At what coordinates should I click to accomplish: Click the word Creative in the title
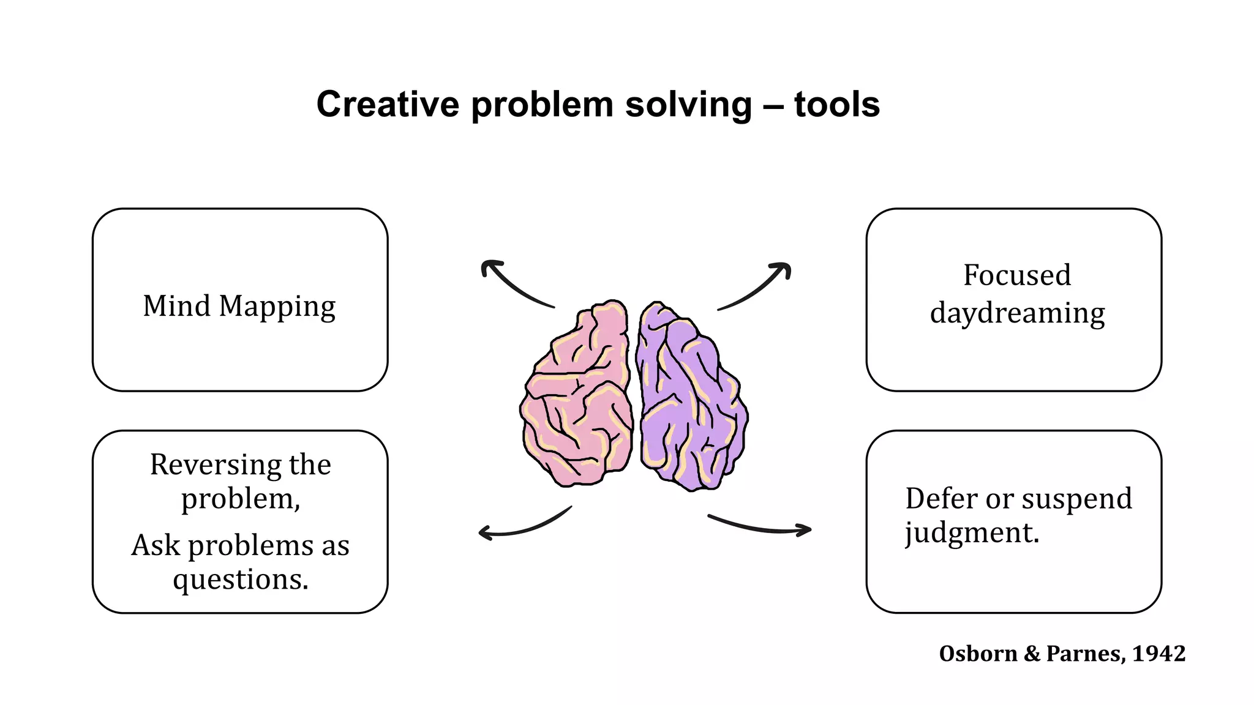click(x=387, y=105)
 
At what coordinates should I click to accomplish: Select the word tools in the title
click(x=836, y=105)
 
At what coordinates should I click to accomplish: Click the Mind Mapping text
click(x=239, y=306)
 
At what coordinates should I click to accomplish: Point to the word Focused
click(x=1017, y=275)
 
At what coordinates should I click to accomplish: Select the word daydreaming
click(x=1017, y=313)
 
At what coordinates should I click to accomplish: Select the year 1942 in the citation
click(x=1158, y=654)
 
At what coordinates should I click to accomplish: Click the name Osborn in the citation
click(x=978, y=654)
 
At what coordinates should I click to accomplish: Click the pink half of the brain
click(x=576, y=398)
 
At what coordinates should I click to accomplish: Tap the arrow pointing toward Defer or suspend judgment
click(x=759, y=526)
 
